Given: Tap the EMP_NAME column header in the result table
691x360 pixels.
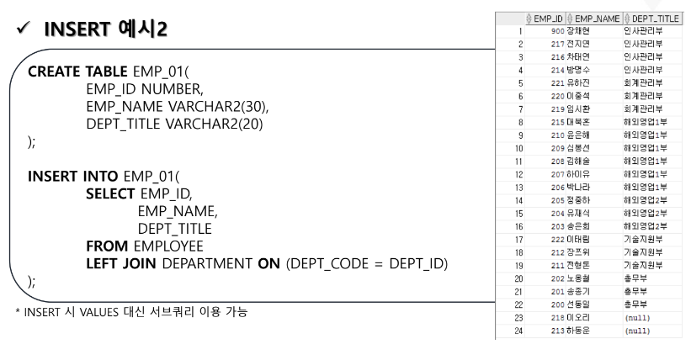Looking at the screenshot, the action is tap(598, 18).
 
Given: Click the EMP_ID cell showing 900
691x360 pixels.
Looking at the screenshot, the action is tap(555, 30).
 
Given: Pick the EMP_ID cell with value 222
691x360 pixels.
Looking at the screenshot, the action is tap(555, 240).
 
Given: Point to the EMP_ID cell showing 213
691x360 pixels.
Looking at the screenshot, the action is tap(555, 331).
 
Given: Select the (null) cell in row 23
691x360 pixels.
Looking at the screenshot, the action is tap(637, 318).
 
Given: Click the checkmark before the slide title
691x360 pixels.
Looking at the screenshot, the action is tap(23, 30).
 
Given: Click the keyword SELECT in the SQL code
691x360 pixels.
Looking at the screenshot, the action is tap(110, 193).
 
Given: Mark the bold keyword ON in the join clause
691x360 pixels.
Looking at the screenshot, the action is tap(269, 264).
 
